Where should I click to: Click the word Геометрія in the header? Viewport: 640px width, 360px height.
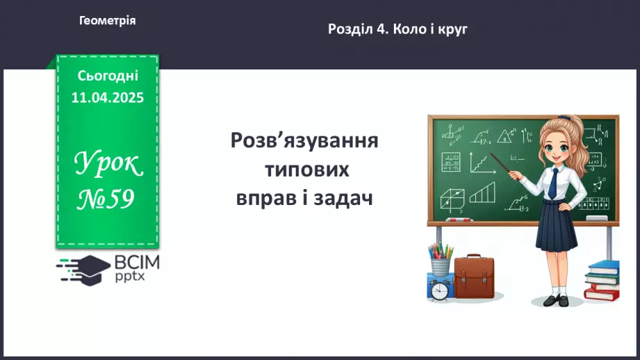pos(108,21)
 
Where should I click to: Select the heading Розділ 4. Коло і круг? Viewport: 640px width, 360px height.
pos(397,29)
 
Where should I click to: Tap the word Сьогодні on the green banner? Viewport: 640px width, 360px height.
pos(108,75)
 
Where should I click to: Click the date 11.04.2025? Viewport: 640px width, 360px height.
pos(108,97)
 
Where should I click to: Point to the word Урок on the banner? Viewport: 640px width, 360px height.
pos(108,165)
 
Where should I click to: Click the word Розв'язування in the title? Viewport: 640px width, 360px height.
pos(304,141)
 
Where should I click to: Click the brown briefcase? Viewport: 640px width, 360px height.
pos(474,277)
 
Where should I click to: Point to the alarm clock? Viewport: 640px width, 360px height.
pos(439,289)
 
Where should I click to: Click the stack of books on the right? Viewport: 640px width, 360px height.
pos(601,281)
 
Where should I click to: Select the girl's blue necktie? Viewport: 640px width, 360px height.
pos(552,182)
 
